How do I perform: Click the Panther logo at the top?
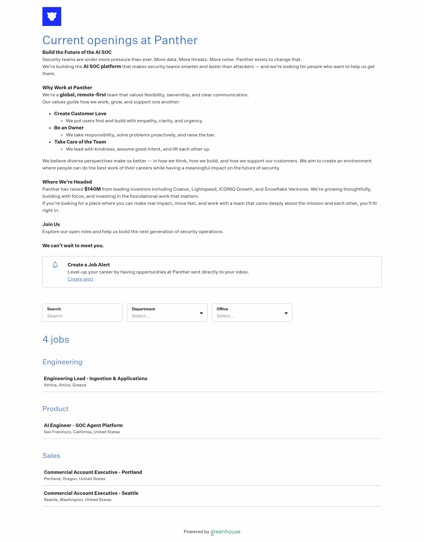(x=52, y=17)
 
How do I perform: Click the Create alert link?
(x=80, y=279)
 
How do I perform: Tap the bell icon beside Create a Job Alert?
(x=55, y=265)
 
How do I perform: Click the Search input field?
(x=82, y=316)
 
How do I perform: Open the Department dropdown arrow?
(x=201, y=313)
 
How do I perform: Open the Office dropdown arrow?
(x=286, y=313)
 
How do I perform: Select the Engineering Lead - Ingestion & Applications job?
(x=95, y=378)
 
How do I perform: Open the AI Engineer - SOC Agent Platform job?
(x=83, y=425)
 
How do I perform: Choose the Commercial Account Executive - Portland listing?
(x=93, y=472)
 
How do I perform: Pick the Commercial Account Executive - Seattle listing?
(x=91, y=493)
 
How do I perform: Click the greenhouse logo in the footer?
(x=226, y=532)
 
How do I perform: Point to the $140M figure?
(x=92, y=189)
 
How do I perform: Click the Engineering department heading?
(x=62, y=362)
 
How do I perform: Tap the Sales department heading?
(x=51, y=456)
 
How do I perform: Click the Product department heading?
(x=55, y=409)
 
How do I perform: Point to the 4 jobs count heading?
(x=56, y=340)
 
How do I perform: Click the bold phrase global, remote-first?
(x=83, y=95)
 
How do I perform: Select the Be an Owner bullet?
(x=69, y=128)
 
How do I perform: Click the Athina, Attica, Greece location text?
(x=65, y=385)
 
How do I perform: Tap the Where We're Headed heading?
(x=67, y=182)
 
